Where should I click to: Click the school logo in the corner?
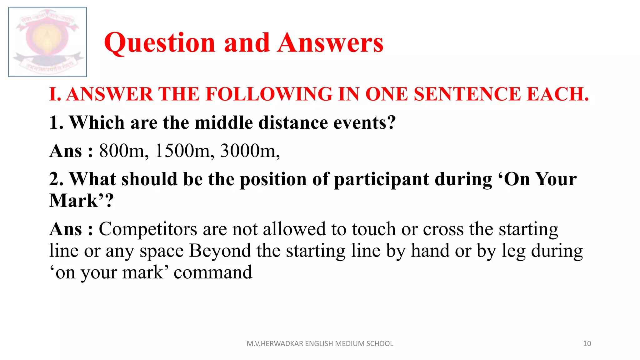[47, 42]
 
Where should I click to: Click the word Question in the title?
[160, 43]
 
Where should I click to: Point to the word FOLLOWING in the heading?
[269, 94]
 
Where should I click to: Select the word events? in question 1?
[364, 122]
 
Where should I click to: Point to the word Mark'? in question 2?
[81, 201]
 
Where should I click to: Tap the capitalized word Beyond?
[220, 251]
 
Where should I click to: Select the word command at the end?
[213, 272]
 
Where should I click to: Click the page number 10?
[587, 344]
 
